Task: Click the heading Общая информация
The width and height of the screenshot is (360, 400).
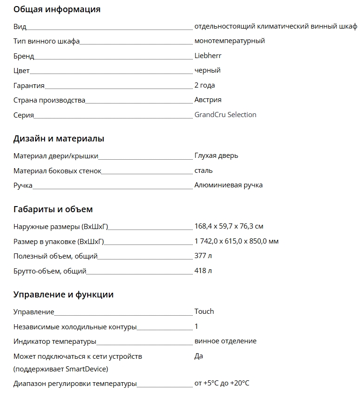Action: click(57, 9)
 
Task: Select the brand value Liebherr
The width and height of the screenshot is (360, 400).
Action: click(208, 56)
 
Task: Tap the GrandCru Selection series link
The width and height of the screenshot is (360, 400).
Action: click(225, 115)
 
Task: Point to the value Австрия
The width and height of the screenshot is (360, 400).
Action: click(208, 100)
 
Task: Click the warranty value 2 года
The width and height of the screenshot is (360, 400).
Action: click(205, 85)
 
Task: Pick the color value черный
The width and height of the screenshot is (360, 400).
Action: click(207, 70)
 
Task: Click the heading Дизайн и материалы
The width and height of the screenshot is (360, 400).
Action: click(59, 139)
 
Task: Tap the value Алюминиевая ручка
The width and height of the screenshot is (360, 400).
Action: click(228, 185)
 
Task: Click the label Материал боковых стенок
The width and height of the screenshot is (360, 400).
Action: click(57, 170)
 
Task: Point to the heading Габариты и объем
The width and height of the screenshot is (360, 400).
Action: click(53, 209)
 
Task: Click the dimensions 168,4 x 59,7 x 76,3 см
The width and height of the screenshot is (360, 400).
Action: click(229, 226)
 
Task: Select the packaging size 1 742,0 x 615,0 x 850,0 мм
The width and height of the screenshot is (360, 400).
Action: click(237, 241)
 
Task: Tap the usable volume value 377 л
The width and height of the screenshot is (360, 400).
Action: click(203, 256)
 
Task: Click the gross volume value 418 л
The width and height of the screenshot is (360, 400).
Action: click(203, 271)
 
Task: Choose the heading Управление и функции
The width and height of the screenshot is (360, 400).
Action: click(63, 295)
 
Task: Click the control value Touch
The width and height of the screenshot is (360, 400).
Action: click(204, 311)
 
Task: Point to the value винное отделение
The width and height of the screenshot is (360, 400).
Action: click(225, 341)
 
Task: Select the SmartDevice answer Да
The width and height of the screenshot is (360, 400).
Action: click(199, 356)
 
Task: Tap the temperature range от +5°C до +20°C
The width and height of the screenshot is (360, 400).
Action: click(222, 384)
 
